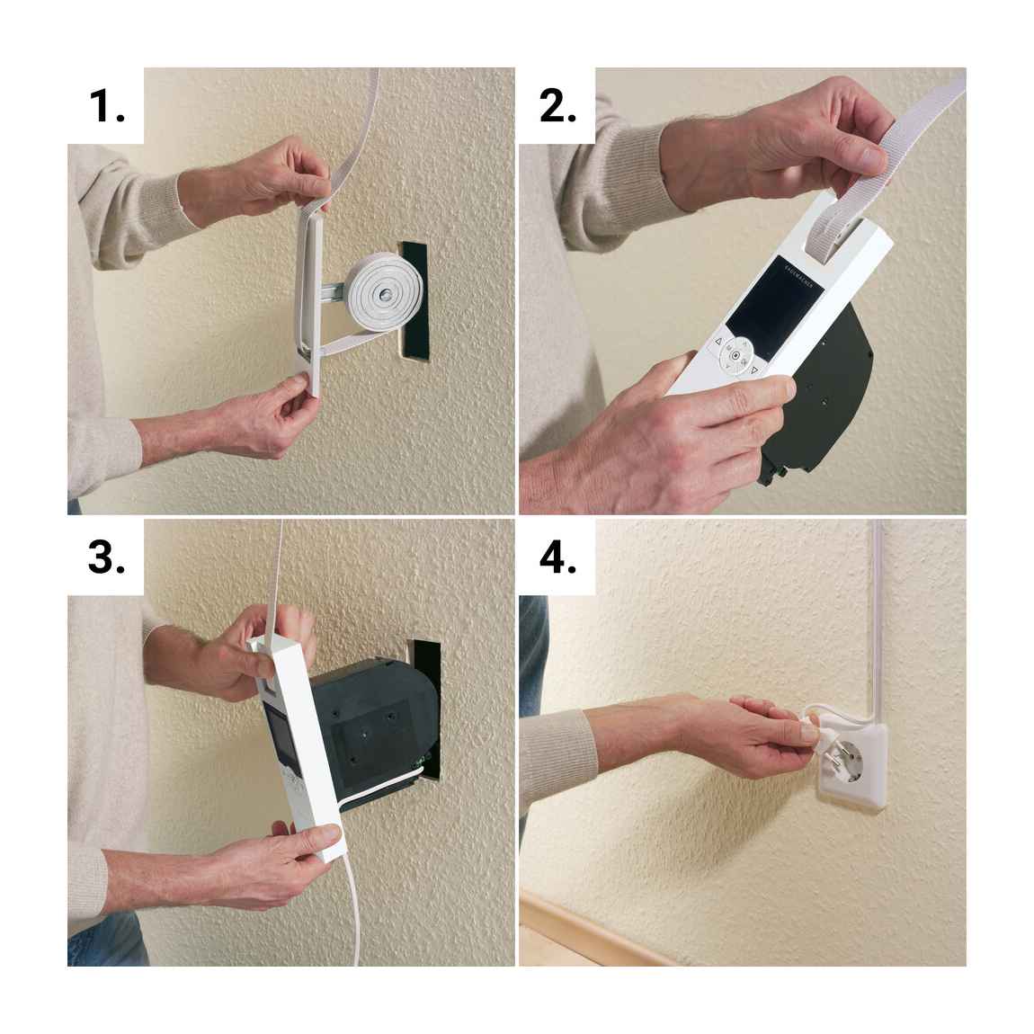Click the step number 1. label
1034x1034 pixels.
106,106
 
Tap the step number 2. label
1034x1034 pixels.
557,106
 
